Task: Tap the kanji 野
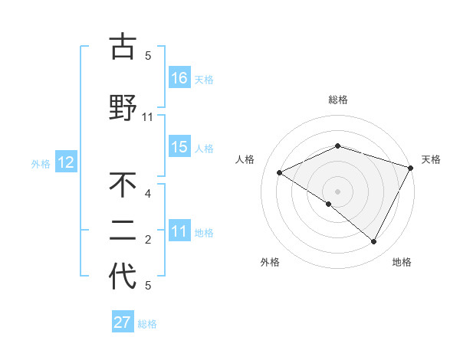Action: click(123, 107)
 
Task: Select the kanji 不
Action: click(123, 185)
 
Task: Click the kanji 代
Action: click(123, 277)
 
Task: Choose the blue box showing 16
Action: click(179, 78)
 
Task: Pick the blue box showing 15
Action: click(179, 148)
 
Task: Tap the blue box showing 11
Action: click(179, 232)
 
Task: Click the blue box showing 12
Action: click(65, 162)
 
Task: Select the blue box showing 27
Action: click(123, 322)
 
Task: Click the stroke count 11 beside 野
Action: click(148, 117)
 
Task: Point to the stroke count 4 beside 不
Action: click(148, 193)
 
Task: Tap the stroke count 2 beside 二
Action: click(148, 240)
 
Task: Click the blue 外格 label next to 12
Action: click(41, 163)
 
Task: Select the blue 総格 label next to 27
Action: click(147, 324)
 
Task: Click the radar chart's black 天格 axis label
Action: click(431, 159)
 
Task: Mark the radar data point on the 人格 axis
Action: click(280, 173)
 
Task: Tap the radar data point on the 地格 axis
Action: click(374, 242)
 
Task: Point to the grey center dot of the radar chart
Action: click(337, 191)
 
